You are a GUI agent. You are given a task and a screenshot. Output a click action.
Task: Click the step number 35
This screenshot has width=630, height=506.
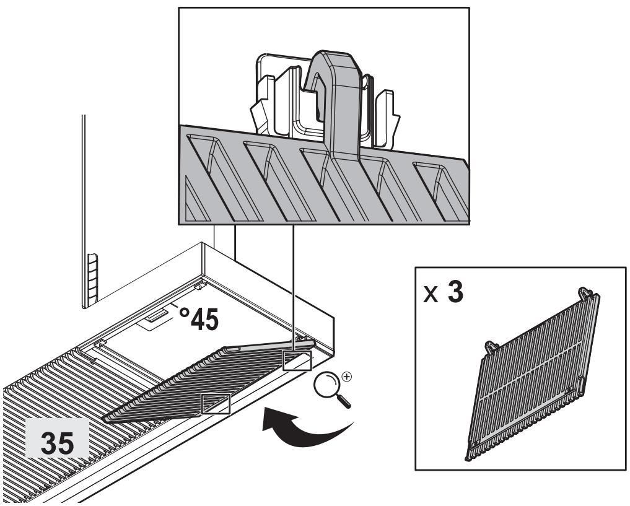[58, 443]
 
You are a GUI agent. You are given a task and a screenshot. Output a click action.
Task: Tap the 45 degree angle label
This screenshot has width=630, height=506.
[199, 319]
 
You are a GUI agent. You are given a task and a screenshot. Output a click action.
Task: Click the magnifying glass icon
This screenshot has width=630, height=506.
[332, 388]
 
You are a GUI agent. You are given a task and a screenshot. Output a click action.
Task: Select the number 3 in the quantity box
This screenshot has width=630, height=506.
[455, 292]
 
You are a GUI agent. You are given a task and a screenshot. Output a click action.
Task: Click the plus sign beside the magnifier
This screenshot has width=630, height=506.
[346, 377]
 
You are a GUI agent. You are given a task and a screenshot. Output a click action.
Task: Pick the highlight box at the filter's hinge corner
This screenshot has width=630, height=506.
[297, 360]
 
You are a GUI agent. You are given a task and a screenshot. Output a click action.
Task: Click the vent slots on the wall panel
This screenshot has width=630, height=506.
[92, 277]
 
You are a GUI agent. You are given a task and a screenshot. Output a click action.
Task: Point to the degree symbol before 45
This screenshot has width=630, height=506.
[183, 312]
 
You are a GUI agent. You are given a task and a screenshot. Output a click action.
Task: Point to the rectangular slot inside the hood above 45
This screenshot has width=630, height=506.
[157, 316]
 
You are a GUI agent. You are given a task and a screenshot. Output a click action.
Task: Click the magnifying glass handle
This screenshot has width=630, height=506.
[344, 400]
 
